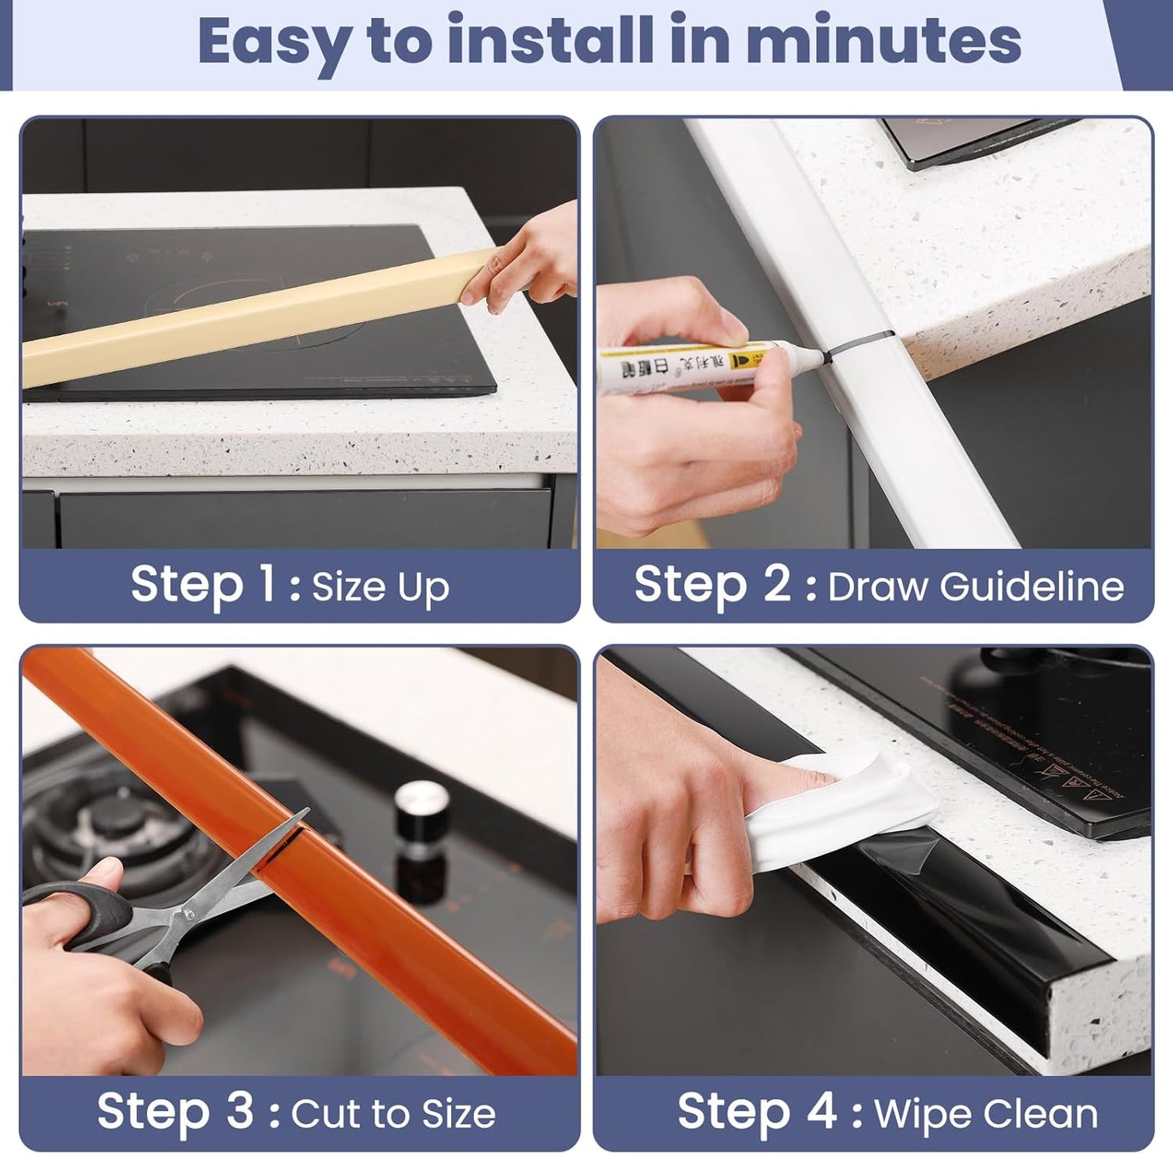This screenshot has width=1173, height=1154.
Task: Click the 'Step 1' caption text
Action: (203, 584)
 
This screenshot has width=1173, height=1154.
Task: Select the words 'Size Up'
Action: (380, 588)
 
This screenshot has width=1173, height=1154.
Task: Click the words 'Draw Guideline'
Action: (975, 587)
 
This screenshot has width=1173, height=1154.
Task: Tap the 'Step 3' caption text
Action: (175, 1111)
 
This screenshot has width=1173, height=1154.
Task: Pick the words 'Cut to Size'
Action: (393, 1114)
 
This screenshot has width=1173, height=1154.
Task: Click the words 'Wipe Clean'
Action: (985, 1114)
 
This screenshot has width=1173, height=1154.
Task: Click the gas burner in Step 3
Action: (114, 820)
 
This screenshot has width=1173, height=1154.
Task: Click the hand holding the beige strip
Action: (528, 260)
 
